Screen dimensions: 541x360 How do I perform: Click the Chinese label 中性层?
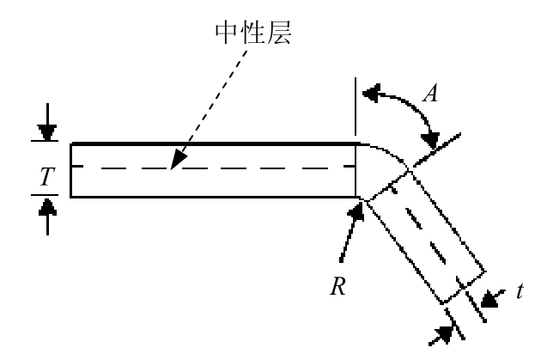pyautogui.click(x=253, y=34)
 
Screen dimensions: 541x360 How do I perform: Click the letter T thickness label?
pyautogui.click(x=47, y=176)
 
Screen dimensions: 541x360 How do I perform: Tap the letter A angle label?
pyautogui.click(x=431, y=93)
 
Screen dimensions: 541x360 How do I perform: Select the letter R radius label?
pyautogui.click(x=338, y=286)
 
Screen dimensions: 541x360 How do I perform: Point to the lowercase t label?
pyautogui.click(x=520, y=291)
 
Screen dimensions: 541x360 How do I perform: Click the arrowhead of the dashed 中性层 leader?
pyautogui.click(x=178, y=160)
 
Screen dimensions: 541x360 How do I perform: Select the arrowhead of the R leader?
pyautogui.click(x=357, y=211)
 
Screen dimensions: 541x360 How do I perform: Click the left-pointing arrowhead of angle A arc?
pyautogui.click(x=371, y=93)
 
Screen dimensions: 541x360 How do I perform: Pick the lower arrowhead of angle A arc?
pyautogui.click(x=430, y=141)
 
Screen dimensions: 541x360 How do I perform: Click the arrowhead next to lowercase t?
pyautogui.click(x=489, y=298)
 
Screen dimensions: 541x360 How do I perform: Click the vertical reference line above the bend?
pyautogui.click(x=356, y=107)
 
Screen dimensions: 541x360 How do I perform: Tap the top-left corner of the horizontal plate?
pyautogui.click(x=70, y=143)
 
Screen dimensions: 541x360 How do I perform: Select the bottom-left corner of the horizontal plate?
pyautogui.click(x=70, y=197)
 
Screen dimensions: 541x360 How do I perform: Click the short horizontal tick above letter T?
pyautogui.click(x=45, y=141)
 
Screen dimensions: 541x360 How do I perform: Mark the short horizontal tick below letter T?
pyautogui.click(x=45, y=195)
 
